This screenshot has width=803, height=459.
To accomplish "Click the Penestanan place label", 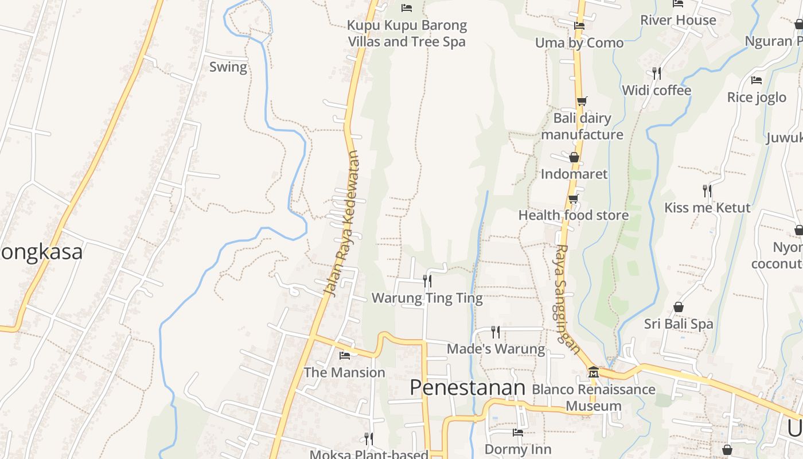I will coord(467,388).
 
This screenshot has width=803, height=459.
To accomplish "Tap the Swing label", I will coord(228,67).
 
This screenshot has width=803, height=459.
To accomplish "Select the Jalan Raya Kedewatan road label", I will coord(344,224).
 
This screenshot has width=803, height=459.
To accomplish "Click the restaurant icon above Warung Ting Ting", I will coord(427,281).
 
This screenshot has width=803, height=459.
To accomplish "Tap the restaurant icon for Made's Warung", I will coord(496,332).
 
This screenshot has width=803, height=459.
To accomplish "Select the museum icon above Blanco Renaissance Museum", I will coord(593,372).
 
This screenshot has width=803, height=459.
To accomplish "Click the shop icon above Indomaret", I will coord(574,157).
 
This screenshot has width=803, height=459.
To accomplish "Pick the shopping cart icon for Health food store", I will coord(573,199).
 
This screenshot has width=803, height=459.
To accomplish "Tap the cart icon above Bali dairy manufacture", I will coord(582,102).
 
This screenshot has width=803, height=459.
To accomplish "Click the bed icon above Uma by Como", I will coord(579,26).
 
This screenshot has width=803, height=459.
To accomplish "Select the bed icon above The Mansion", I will coord(345,356).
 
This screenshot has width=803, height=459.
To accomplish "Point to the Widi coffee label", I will coord(656,91).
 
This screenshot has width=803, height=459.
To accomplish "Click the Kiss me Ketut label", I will coord(707,208).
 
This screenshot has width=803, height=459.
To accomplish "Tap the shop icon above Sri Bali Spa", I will coord(679,307).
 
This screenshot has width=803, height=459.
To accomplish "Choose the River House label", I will coord(678,21).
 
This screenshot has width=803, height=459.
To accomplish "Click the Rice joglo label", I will coord(757,98).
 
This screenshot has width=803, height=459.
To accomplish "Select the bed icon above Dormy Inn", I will coord(518,433).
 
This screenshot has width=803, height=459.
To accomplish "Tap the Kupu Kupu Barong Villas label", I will coord(407,34).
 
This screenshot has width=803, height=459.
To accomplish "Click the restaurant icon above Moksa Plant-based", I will coord(369,439).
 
